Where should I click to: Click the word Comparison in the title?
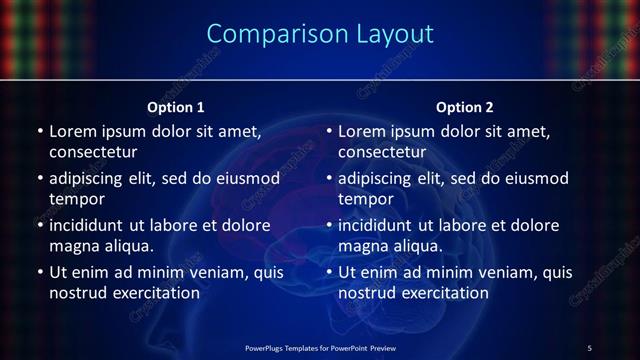(267, 34)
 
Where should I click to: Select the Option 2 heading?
(465, 107)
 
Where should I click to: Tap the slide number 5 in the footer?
(589, 347)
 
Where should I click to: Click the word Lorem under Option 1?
(72, 131)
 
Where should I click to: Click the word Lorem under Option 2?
(362, 131)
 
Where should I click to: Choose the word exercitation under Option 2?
(443, 293)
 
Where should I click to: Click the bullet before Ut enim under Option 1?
(39, 272)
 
